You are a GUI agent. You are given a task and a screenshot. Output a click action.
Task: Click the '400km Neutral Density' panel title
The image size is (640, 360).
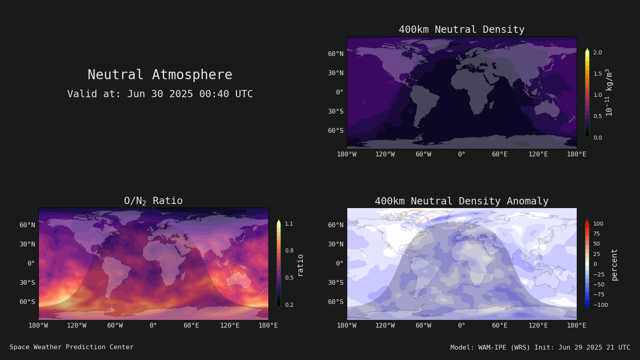click(x=462, y=30)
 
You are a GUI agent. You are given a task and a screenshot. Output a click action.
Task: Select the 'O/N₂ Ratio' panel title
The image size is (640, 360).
click(x=154, y=201)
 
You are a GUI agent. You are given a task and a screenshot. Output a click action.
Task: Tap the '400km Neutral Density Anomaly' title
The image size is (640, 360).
click(x=462, y=201)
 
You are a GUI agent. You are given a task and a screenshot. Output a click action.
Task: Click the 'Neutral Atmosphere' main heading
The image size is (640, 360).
click(x=160, y=74)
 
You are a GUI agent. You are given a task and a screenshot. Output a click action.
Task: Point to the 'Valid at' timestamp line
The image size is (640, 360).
click(x=160, y=94)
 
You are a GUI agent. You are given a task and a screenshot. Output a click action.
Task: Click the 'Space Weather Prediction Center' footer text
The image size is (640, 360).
click(x=72, y=347)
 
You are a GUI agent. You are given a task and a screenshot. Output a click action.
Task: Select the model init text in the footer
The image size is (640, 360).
click(x=540, y=348)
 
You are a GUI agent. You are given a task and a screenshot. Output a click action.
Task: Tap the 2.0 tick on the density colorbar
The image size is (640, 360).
click(x=598, y=52)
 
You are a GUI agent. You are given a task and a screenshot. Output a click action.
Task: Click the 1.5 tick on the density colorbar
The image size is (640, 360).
click(x=598, y=74)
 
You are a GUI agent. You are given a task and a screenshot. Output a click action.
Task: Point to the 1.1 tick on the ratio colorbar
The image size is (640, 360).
click(x=289, y=224)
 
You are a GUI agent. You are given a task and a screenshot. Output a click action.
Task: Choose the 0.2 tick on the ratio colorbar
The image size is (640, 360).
click(x=289, y=305)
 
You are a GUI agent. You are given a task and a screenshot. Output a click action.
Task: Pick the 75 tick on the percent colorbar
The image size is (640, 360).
click(x=596, y=234)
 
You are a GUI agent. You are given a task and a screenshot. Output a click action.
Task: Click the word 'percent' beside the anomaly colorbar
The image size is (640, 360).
click(x=614, y=265)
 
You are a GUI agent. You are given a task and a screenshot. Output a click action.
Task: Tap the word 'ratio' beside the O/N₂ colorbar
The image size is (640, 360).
click(x=300, y=266)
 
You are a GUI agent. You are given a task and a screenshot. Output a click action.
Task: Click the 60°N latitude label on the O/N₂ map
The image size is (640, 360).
click(x=28, y=225)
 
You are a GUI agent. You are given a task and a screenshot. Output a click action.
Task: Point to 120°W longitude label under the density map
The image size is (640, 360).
click(x=385, y=154)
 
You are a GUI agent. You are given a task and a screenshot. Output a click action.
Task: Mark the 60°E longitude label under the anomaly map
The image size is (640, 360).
click(x=500, y=326)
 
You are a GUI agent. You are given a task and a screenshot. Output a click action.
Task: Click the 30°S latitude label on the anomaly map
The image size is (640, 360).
click(x=336, y=282)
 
